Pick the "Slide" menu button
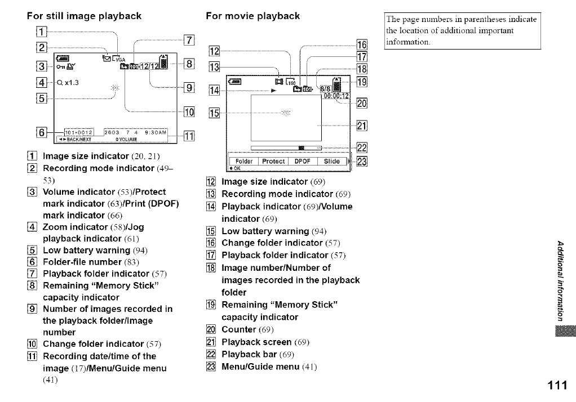332,161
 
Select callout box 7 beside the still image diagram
189,40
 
